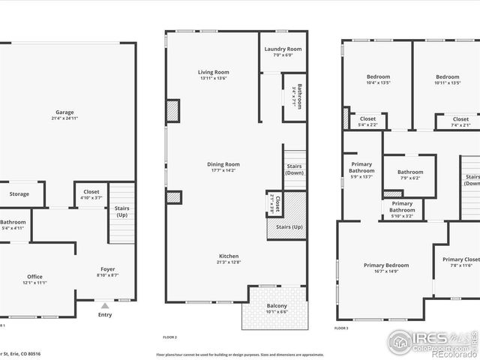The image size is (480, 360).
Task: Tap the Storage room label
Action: [x=19, y=194]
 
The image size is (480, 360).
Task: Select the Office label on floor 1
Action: [x=34, y=276]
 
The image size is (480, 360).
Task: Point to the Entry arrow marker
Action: [x=104, y=305]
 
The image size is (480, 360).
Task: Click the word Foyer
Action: [x=108, y=269]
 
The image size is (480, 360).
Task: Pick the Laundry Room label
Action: [x=282, y=49]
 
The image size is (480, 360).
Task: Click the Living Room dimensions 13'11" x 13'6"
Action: [x=212, y=78]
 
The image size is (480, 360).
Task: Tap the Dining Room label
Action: [x=223, y=164]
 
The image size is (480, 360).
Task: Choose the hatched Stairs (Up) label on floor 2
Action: [x=289, y=226]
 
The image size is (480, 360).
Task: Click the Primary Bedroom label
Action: [x=386, y=265]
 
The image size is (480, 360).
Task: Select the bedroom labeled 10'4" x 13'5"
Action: [x=378, y=76]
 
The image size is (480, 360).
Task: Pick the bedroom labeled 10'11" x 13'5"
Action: [x=447, y=76]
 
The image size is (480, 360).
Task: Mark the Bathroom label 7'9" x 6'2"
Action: [x=410, y=172]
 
